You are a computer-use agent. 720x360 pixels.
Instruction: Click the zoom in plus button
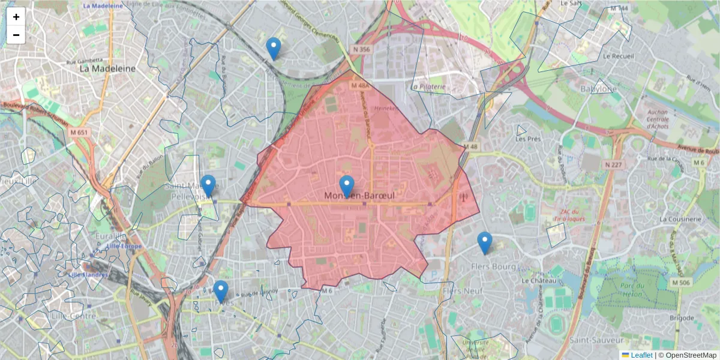(16, 17)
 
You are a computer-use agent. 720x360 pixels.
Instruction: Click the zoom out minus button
(16, 35)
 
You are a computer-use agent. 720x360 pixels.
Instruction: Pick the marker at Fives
(221, 292)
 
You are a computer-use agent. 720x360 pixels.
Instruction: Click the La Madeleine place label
(108, 68)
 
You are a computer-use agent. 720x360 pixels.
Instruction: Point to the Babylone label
(598, 89)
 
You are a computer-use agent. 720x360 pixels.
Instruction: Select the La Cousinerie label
(680, 219)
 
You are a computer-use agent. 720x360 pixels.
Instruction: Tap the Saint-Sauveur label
(592, 340)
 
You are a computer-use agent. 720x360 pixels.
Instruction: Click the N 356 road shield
(361, 50)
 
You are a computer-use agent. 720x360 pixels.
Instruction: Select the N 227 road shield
(614, 164)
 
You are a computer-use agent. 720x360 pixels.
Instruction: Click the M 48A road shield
(361, 86)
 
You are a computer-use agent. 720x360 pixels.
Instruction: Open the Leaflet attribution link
(641, 355)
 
